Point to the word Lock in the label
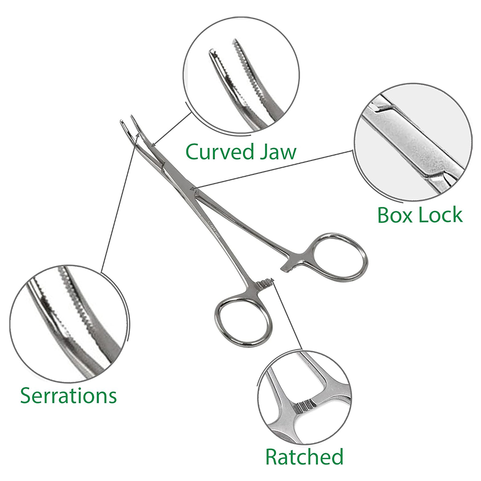[440, 215]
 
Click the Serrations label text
[68, 395]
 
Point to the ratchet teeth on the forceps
[263, 284]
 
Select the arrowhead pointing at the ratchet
[272, 279]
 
